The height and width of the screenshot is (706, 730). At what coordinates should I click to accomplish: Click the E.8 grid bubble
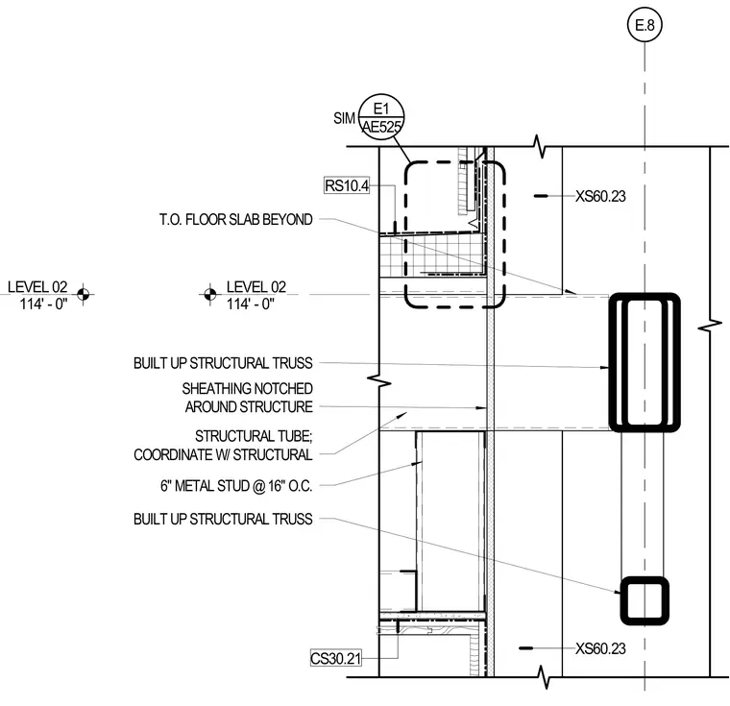(x=645, y=24)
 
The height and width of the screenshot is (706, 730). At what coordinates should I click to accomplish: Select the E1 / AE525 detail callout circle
(x=381, y=116)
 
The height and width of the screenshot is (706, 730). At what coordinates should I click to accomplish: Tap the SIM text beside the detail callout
(x=344, y=118)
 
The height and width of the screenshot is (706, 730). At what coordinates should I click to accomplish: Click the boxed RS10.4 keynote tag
(x=347, y=185)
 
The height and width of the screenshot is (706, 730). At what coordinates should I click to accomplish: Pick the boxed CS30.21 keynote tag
(x=335, y=658)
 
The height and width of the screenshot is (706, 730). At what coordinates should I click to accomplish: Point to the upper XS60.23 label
(x=600, y=196)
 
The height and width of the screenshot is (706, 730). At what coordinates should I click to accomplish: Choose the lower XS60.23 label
(x=600, y=648)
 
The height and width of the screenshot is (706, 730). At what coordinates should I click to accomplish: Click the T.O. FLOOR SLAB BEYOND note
(x=235, y=219)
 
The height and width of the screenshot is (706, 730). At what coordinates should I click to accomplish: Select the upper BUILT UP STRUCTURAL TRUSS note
(x=223, y=363)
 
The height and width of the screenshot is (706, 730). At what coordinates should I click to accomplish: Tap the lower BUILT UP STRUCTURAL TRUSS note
(x=223, y=519)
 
